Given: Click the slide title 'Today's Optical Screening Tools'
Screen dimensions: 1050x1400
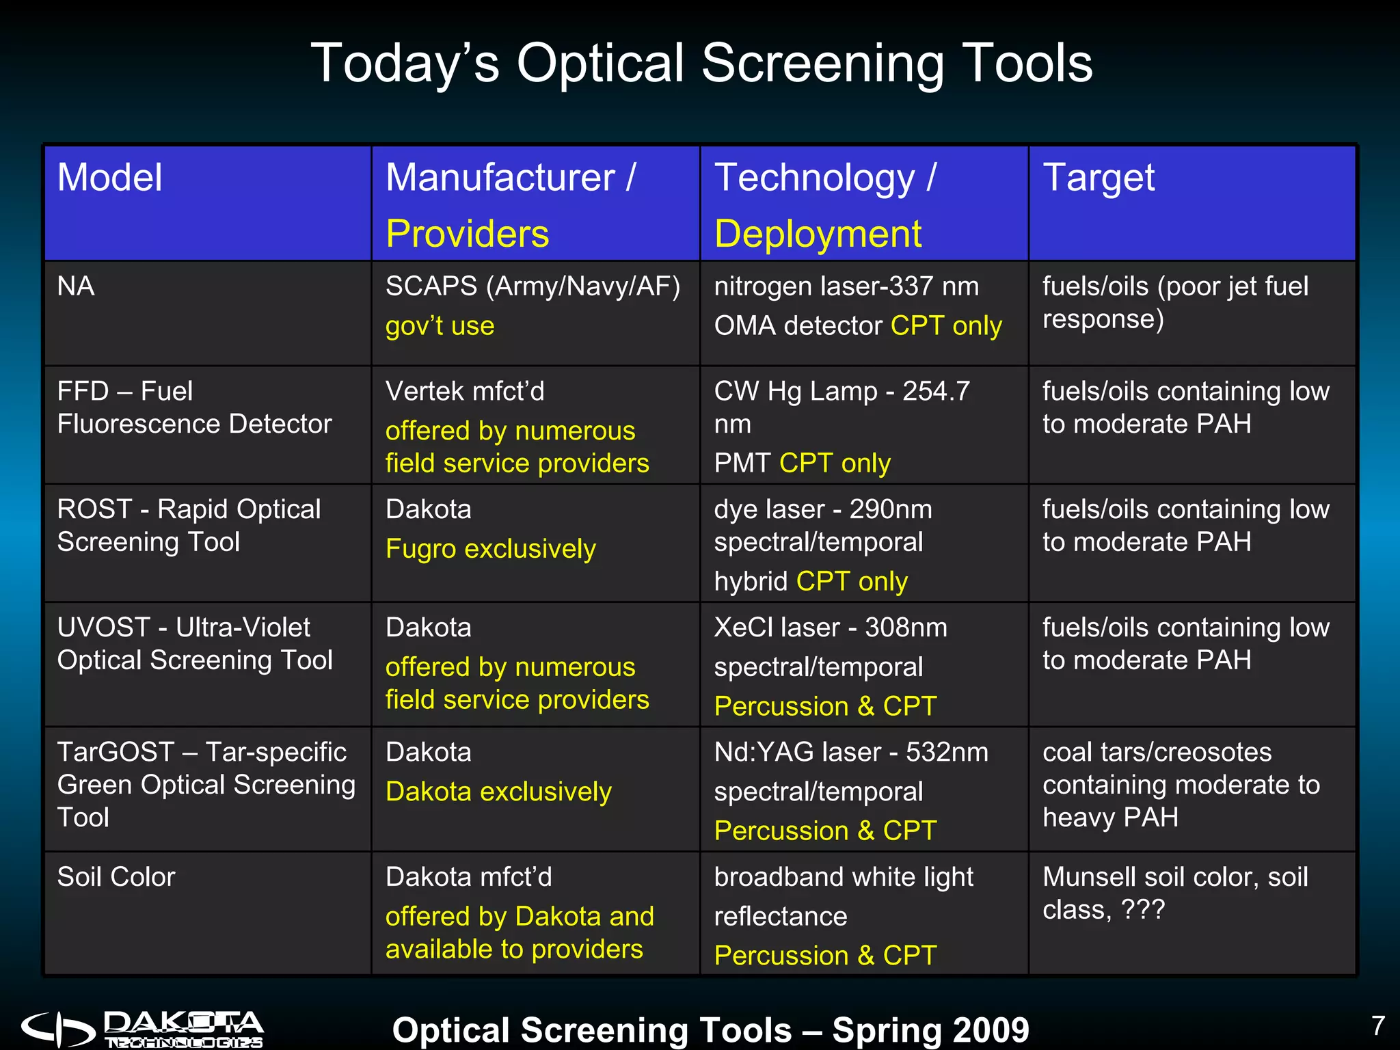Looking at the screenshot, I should point(701,63).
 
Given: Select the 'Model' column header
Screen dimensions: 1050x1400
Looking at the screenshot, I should point(109,178).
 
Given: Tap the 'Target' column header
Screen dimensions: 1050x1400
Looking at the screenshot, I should point(1098,178).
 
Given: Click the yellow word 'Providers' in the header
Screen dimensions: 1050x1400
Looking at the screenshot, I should point(467,234).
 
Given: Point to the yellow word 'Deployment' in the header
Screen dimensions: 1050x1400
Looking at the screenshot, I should point(818,234).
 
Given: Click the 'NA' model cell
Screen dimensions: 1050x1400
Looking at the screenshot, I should point(75,286).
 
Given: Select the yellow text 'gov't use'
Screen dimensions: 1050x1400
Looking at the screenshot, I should point(440,326).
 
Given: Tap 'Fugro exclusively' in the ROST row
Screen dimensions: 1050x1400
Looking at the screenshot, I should point(490,549).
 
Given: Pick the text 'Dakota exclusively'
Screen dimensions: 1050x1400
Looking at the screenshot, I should point(498,792).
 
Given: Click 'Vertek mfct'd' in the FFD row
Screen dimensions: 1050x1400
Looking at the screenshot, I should point(465,391).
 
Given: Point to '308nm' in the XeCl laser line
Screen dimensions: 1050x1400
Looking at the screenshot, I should point(906,628).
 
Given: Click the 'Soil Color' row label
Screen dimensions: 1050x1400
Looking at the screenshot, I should point(116,877).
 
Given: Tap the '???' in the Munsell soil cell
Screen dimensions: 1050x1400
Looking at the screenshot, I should point(1142,910).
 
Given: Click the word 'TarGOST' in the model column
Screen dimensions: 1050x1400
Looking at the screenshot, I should point(116,752).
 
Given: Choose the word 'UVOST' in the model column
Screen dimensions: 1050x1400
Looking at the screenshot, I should point(103,628).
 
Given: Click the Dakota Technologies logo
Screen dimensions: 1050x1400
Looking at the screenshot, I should point(142,1029).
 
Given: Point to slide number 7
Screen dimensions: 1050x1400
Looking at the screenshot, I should point(1377,1025).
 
